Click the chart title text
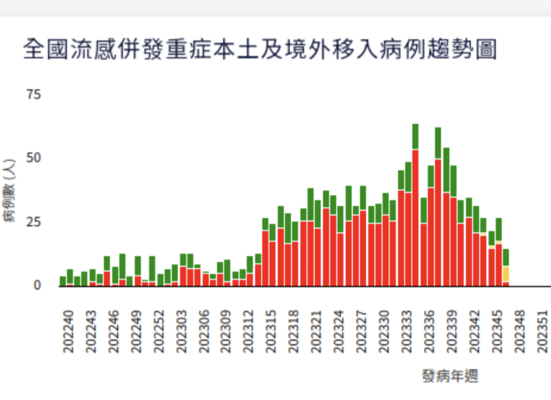(x=260, y=49)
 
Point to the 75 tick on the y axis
(x=33, y=94)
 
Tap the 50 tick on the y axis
(x=33, y=158)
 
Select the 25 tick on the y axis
(x=33, y=222)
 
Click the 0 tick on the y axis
(x=37, y=285)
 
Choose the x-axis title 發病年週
(x=450, y=376)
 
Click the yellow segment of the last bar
(x=506, y=274)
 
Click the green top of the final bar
(x=506, y=257)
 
